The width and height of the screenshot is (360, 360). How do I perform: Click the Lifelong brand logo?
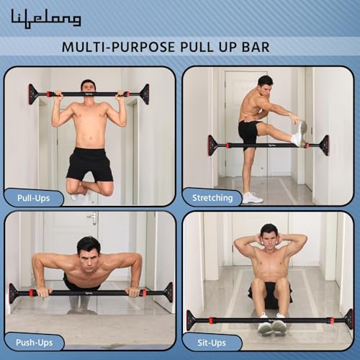coord(46,19)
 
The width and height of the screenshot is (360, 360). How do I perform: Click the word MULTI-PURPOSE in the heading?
coord(118,47)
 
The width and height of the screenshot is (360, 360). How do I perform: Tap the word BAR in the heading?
coord(256,47)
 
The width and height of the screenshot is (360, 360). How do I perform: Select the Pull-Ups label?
coord(34,198)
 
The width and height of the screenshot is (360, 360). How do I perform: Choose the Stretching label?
coord(212,198)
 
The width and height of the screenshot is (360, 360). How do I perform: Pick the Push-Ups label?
coord(35,343)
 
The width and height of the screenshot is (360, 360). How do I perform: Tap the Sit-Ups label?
coord(212,343)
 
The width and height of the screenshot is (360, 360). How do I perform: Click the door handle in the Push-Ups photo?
coord(93,218)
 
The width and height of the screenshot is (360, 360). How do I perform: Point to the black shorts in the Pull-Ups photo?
coord(89,164)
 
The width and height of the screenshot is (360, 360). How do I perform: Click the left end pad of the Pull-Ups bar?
coord(33,94)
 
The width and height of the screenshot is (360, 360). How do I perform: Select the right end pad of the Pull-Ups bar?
coord(145,94)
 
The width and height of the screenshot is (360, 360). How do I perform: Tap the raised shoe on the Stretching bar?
coord(301,133)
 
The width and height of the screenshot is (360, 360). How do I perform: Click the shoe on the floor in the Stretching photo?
coord(252,197)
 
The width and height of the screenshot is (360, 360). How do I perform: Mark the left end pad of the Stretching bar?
coord(212,145)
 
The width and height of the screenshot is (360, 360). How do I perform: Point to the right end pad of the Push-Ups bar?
coord(168,292)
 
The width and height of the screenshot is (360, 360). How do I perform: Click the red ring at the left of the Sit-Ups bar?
coord(211,320)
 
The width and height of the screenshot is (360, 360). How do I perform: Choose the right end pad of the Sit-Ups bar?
coord(349,320)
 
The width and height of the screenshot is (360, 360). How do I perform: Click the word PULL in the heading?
coord(197,47)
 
